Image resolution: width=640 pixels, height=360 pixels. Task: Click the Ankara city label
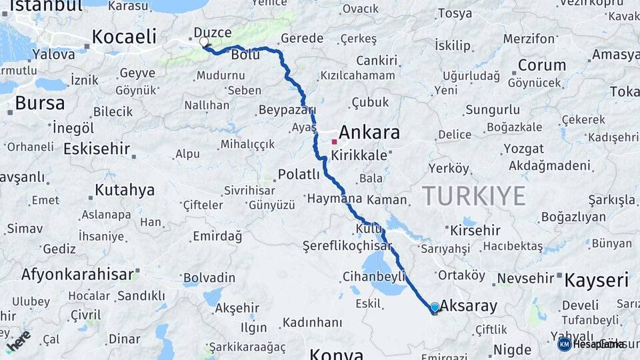coord(369,133)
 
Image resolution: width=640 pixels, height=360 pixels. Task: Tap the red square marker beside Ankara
coord(334,141)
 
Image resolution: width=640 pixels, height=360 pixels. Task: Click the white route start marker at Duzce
coord(203,42)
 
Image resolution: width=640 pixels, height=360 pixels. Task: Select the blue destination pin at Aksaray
coord(435,307)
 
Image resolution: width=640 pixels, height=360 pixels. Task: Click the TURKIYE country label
coord(473,196)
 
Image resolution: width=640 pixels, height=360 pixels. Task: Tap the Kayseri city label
coord(596,280)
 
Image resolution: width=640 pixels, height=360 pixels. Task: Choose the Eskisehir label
coord(96,148)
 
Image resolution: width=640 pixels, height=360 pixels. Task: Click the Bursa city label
coord(39,103)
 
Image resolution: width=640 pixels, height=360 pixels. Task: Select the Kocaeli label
coord(124,37)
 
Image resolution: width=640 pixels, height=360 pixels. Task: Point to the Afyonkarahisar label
coord(77,274)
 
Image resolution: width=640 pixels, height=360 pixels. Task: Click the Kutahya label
coord(125,190)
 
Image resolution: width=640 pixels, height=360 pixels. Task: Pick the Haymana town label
coord(334,198)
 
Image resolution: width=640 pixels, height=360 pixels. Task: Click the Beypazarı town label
coord(287,109)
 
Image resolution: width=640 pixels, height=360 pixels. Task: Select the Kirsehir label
coord(475,230)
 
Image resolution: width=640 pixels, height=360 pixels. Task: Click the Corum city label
coord(541,65)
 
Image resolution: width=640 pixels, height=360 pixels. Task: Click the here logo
coord(18,339)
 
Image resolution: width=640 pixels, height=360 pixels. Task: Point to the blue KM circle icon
coord(564,344)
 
